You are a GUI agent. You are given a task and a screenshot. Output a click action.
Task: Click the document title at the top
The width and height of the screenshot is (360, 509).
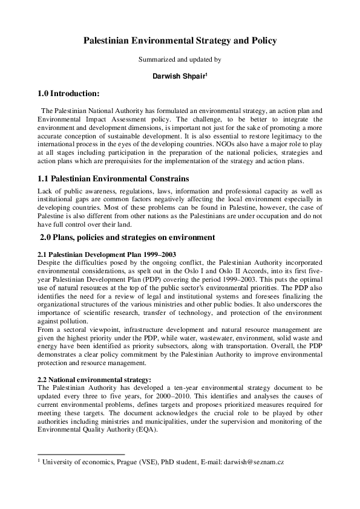180,41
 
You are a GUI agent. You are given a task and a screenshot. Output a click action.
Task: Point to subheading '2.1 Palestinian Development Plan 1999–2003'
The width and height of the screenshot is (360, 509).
106,254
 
